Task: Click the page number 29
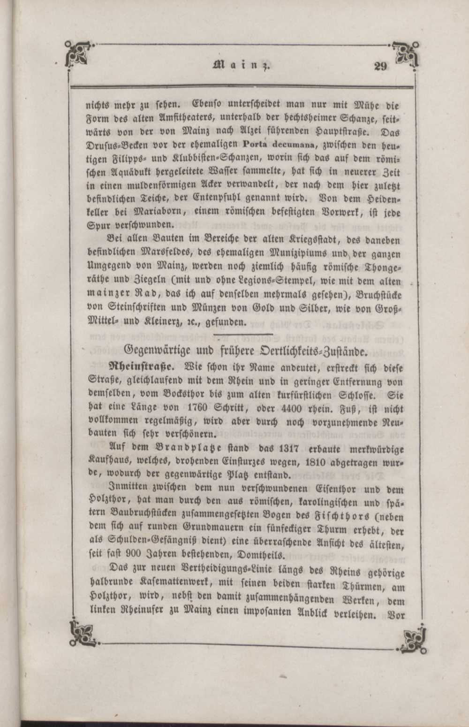tap(381, 66)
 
